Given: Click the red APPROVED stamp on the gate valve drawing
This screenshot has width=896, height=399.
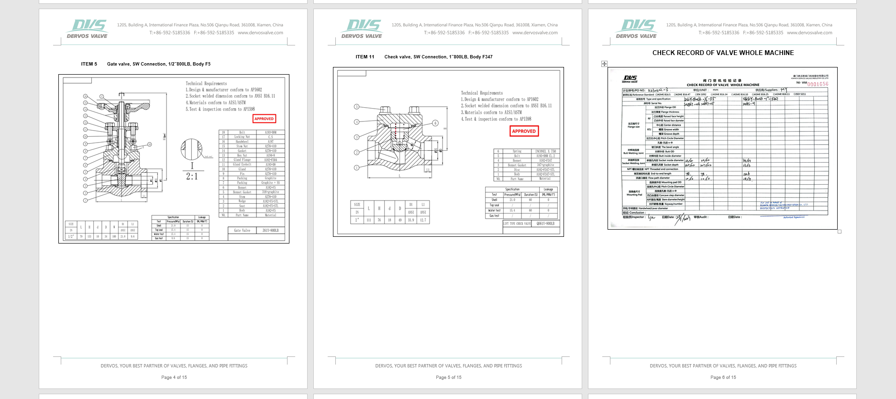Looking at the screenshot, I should (x=264, y=119).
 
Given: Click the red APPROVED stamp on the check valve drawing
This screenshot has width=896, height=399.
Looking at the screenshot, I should (x=524, y=131).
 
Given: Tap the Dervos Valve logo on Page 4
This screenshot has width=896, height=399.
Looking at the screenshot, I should (x=87, y=29).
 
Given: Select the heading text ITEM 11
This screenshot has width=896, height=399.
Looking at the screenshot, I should (x=365, y=57).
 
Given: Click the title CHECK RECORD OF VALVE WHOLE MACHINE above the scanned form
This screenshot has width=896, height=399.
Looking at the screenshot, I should (x=723, y=53).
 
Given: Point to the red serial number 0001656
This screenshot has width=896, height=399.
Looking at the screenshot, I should (x=818, y=84).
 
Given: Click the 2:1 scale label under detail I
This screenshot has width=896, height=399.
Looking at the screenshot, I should (x=192, y=177).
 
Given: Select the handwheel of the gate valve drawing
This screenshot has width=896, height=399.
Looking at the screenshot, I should (x=122, y=105).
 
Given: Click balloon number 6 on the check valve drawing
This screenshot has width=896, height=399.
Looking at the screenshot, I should (x=435, y=123).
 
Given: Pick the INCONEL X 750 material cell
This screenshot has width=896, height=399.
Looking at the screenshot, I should (x=545, y=151).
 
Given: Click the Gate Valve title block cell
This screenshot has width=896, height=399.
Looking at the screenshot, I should (x=242, y=231).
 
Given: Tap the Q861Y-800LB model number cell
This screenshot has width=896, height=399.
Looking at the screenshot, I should (x=545, y=223).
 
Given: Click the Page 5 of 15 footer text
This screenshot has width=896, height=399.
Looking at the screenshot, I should (x=448, y=377).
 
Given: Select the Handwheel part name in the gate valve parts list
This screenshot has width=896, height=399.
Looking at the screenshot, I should (x=242, y=142).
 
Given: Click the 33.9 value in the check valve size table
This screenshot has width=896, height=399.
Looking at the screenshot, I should (x=410, y=220).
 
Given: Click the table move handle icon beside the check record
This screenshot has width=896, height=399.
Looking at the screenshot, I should (x=604, y=64).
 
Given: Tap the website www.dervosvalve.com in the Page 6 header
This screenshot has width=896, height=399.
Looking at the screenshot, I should (x=809, y=33).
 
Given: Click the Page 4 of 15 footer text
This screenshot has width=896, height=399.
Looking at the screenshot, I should (x=174, y=377).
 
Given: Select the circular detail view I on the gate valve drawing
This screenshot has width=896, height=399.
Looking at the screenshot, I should (x=191, y=150).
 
